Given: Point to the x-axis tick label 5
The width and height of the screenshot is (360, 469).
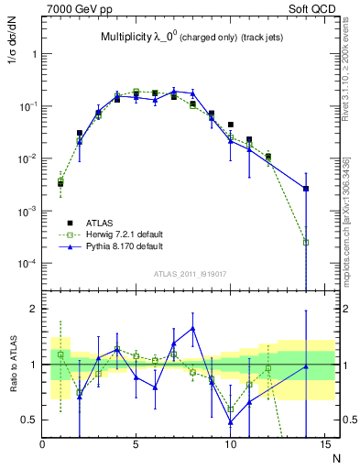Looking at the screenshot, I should tap(136, 445).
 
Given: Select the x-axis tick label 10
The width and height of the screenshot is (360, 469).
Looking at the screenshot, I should tap(229, 445).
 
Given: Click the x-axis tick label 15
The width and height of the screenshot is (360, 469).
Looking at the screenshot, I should tap(322, 445).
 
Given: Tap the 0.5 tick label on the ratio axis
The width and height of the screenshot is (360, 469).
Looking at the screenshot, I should tap(27, 420).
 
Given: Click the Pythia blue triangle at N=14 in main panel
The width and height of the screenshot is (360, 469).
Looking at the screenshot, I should tap(305, 189).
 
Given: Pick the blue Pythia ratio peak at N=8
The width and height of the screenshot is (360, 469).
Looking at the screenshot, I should tap(192, 328).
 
